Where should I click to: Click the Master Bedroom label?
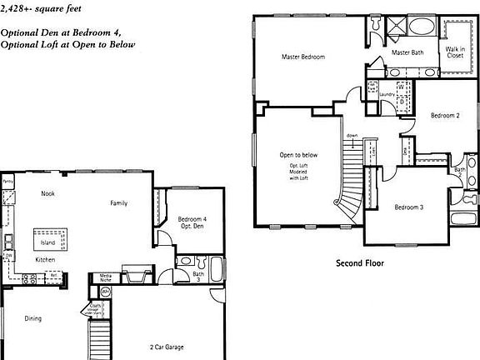coord(302,57)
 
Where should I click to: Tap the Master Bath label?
coord(407,53)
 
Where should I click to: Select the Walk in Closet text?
coord(455,52)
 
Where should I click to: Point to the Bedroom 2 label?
coord(445,116)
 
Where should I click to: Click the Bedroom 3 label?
coord(409,207)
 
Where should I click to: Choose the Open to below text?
coord(297,155)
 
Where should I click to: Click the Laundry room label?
coord(387,94)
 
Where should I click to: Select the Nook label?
coord(47,192)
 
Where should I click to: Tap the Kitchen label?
coord(45,260)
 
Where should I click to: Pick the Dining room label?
coord(32,318)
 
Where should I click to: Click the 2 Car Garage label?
coord(167,347)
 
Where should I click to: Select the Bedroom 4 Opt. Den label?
coord(192,222)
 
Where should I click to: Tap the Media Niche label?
coord(107,277)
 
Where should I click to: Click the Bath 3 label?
coord(197,276)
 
